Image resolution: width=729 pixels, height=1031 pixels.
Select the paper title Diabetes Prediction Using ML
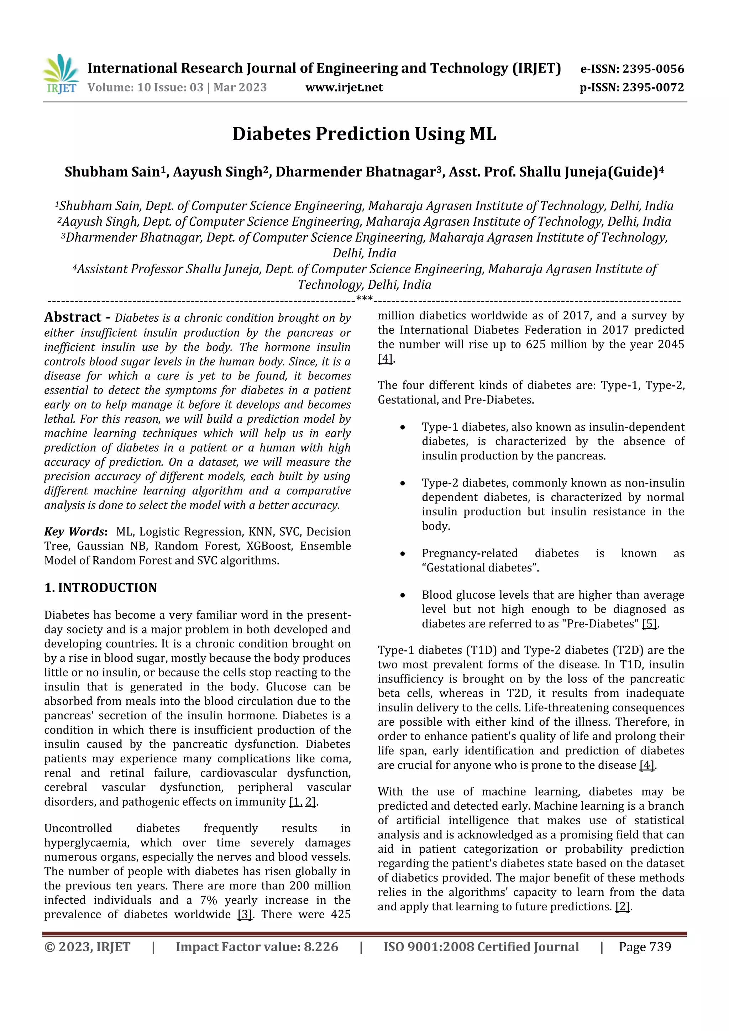[364, 134]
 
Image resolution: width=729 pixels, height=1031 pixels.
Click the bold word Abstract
[73, 317]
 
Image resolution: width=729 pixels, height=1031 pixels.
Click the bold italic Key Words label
[74, 532]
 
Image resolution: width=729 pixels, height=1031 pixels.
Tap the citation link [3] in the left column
[245, 914]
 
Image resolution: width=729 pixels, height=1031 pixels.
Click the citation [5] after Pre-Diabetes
[650, 624]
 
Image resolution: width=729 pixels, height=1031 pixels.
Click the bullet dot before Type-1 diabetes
[403, 427]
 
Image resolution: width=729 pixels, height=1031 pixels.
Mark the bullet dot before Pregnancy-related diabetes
[403, 554]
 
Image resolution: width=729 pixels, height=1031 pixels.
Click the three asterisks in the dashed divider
[364, 299]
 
